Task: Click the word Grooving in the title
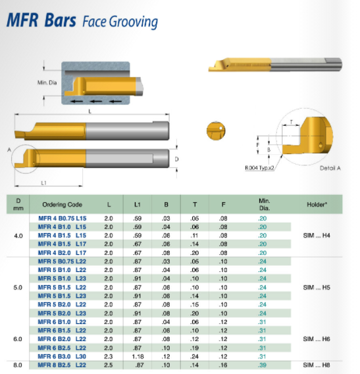[x=134, y=22]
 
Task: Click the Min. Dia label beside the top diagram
[x=47, y=82]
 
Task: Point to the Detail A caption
[x=330, y=168]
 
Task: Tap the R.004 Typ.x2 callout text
[x=259, y=168]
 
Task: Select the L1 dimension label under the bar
[x=43, y=182]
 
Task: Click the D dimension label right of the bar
[x=176, y=159]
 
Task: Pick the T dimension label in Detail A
[x=291, y=122]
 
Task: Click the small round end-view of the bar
[x=216, y=130]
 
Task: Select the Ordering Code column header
[x=63, y=204]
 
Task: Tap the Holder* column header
[x=317, y=204]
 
